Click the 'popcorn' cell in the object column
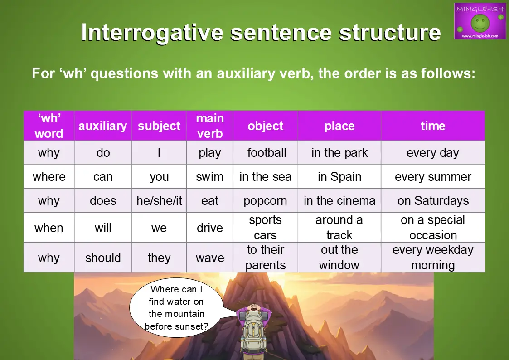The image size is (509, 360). point(265,201)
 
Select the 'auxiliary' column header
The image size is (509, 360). point(103,126)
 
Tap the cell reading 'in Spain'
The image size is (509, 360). point(339,177)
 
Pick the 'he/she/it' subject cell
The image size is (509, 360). point(159,201)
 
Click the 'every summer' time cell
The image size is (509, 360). point(433,177)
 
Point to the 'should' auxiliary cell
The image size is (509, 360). point(103,258)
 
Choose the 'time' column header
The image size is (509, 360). point(433,126)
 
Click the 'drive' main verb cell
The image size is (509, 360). point(210,228)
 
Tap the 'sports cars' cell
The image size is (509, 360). point(265,228)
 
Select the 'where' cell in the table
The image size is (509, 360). point(49,177)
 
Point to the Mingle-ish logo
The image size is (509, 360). point(480,21)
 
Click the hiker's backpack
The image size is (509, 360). point(253,336)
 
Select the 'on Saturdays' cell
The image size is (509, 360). point(433,201)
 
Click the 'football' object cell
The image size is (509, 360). point(267,153)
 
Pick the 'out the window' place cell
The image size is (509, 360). point(339,258)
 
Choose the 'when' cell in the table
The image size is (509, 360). point(49,228)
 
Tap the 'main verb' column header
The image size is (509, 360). point(210,126)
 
